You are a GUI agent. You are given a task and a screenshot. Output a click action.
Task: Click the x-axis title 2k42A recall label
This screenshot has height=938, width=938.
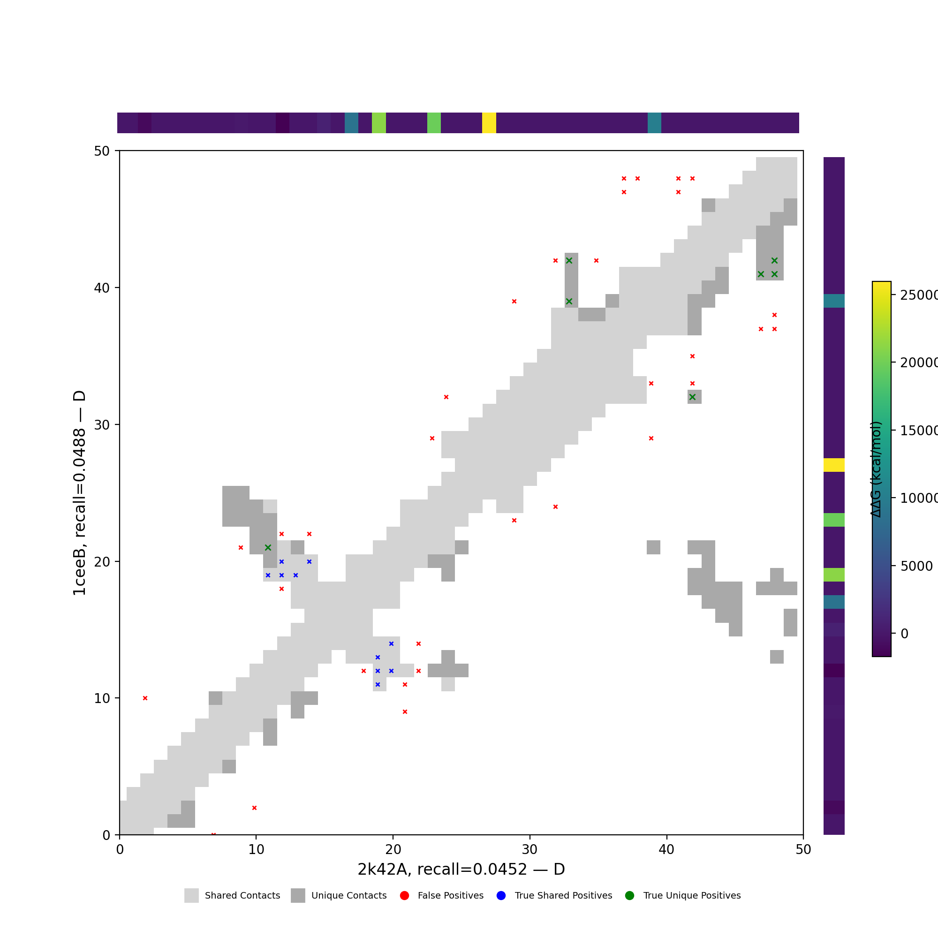click(461, 869)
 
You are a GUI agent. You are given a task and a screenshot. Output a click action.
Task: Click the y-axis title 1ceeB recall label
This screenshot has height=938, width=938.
click(79, 492)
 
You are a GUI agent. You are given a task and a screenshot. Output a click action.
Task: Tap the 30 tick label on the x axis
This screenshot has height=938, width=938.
click(529, 849)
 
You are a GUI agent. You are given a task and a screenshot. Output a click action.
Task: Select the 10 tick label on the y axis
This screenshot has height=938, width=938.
click(102, 698)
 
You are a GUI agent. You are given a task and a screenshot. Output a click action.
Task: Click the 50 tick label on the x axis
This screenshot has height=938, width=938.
click(803, 849)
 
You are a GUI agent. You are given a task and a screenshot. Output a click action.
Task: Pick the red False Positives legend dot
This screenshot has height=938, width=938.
click(404, 895)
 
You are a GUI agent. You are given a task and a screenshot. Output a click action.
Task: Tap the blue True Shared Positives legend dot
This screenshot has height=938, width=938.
click(501, 895)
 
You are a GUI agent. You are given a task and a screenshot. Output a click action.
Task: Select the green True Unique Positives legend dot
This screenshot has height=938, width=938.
click(630, 895)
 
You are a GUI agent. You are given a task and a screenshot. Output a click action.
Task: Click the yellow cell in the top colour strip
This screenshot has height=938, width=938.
click(489, 123)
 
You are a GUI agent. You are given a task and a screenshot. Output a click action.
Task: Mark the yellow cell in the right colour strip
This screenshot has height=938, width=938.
click(833, 465)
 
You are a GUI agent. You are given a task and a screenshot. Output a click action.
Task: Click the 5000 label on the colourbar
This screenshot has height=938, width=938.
click(916, 566)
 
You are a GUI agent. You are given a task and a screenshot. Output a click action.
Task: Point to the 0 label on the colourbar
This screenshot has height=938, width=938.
click(904, 634)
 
